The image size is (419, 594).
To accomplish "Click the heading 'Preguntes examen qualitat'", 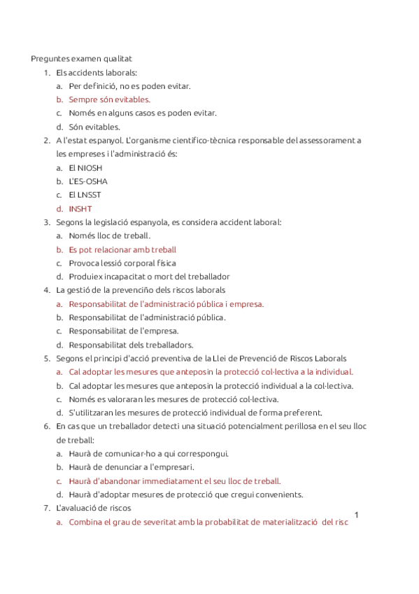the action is pos(81,59).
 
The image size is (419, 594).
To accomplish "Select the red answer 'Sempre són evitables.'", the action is pos(109,99).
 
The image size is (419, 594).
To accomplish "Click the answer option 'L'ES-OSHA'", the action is pos(88,181).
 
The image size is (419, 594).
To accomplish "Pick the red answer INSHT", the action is pos(80,209).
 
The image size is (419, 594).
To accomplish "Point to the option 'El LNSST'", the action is pos(85,195).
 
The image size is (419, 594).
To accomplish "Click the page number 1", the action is pos(357,516).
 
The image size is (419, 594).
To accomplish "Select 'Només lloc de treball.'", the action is pos(109,235).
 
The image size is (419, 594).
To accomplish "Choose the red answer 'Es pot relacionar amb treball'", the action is pos(122,249).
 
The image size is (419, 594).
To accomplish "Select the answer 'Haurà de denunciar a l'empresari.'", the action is pos(132,467).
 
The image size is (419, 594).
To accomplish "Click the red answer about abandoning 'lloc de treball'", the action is pos(174,481).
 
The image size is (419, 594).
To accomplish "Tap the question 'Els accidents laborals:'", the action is pos(97,72).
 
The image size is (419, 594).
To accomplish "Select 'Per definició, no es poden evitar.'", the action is pos(129,86).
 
